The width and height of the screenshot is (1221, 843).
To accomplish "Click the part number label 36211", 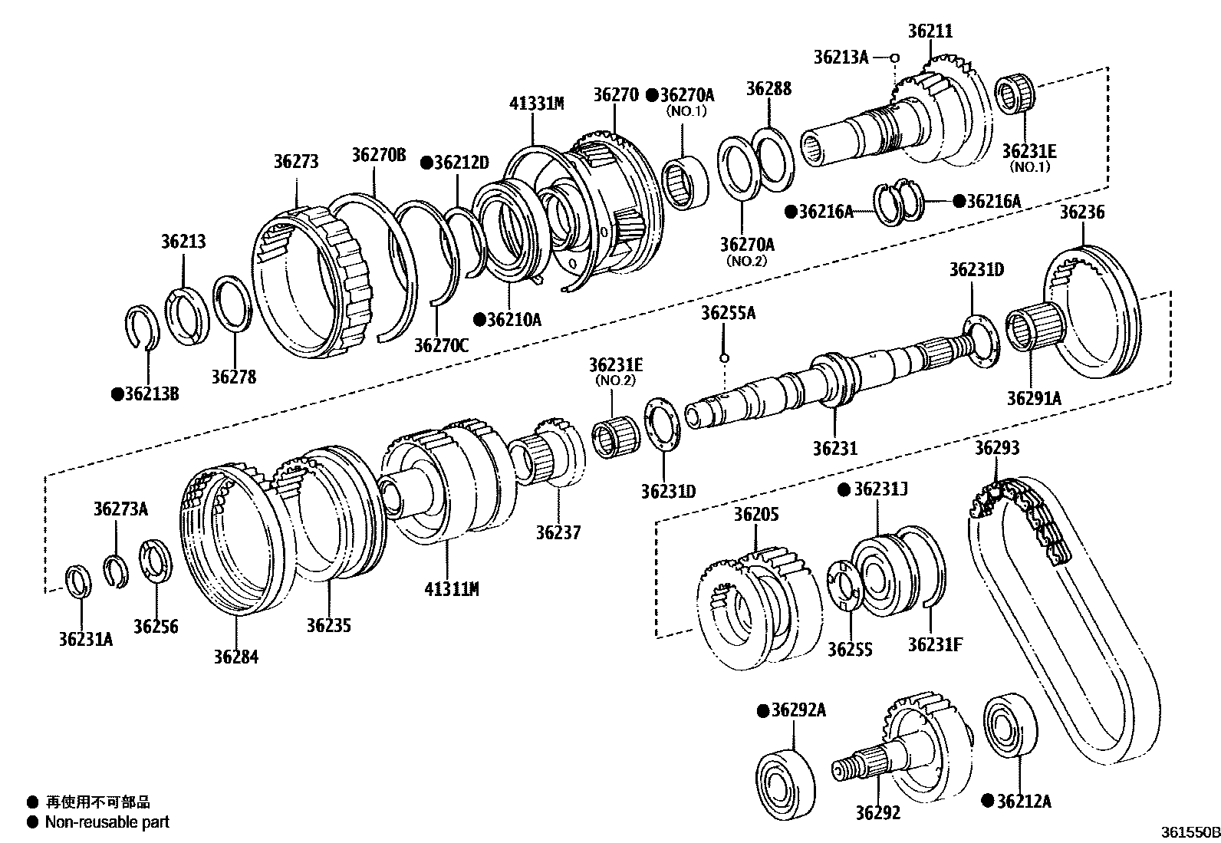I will click(x=930, y=31).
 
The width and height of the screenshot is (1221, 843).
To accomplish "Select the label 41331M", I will click(x=536, y=104).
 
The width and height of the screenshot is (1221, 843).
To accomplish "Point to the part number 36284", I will click(x=235, y=657).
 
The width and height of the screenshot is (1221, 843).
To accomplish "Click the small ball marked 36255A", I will click(x=722, y=357).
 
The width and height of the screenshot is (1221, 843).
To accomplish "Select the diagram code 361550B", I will click(x=1188, y=831).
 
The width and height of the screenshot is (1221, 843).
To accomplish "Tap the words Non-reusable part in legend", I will click(x=107, y=822).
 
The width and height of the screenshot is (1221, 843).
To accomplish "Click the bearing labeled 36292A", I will click(x=785, y=779).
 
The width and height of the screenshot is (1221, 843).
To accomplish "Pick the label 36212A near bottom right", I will click(x=1023, y=802).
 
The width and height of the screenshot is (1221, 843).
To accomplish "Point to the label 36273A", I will click(x=120, y=509).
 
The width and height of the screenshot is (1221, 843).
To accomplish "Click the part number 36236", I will click(x=1082, y=212).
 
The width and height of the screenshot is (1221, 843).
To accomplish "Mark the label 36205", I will click(x=755, y=514).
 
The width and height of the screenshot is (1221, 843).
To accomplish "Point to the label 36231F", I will click(x=935, y=644).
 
